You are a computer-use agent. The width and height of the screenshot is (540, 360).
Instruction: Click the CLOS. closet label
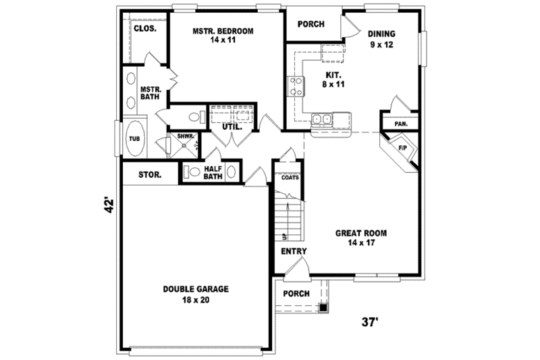click(x=144, y=29)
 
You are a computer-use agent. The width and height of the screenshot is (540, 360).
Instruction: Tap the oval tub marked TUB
click(x=135, y=138)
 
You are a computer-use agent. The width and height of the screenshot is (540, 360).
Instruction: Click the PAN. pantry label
click(x=401, y=124)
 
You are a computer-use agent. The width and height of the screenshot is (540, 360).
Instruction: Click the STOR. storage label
click(x=149, y=175)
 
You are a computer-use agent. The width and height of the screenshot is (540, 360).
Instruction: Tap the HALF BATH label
click(x=213, y=172)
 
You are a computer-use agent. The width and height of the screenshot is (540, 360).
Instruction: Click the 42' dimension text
click(x=107, y=205)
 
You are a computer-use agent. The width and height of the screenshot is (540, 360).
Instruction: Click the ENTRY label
click(x=294, y=251)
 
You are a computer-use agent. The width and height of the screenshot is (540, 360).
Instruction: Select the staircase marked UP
click(x=286, y=216)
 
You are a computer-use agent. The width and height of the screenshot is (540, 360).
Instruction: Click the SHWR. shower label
click(x=186, y=136)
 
